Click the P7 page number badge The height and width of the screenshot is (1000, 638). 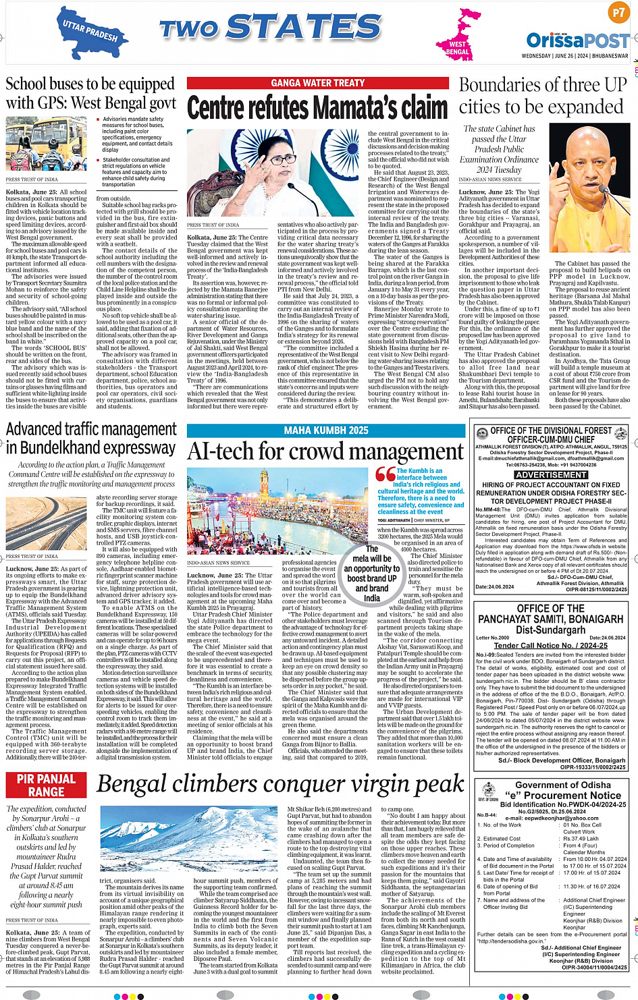[x=618, y=13]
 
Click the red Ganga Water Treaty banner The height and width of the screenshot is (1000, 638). [x=317, y=83]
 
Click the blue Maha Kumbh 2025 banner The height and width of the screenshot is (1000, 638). [x=326, y=430]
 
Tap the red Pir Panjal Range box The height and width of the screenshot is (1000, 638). [x=47, y=785]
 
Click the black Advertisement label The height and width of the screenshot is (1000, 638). [x=551, y=475]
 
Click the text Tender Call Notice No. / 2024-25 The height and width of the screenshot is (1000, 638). [x=550, y=645]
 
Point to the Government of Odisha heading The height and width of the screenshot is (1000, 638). [x=563, y=785]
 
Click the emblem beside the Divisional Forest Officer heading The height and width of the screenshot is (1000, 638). [x=481, y=434]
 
